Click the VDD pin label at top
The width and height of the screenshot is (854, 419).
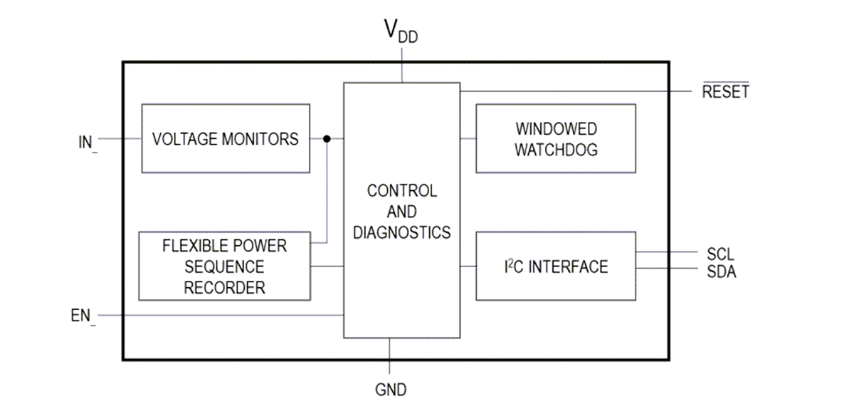[x=401, y=32]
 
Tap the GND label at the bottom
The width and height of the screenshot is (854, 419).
[x=391, y=390]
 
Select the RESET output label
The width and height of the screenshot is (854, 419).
[x=725, y=92]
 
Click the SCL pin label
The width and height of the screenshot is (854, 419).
[x=720, y=254]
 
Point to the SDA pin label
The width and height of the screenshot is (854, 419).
[x=721, y=271]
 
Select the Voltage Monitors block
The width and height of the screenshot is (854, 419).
[x=226, y=138]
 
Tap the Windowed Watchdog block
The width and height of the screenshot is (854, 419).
[x=556, y=138]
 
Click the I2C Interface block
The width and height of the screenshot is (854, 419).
[x=556, y=266]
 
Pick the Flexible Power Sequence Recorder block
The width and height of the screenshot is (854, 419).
[x=224, y=266]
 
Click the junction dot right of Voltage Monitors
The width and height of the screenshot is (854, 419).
[x=327, y=138]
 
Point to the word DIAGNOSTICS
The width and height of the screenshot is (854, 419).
[x=402, y=232]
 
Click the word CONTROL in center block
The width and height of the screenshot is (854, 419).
[x=402, y=191]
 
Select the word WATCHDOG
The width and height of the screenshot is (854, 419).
[x=556, y=150]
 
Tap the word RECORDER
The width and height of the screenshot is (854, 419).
[x=224, y=288]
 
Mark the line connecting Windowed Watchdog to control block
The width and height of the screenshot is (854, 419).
[x=468, y=138]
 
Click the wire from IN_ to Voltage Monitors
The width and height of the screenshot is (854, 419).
[x=120, y=138]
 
